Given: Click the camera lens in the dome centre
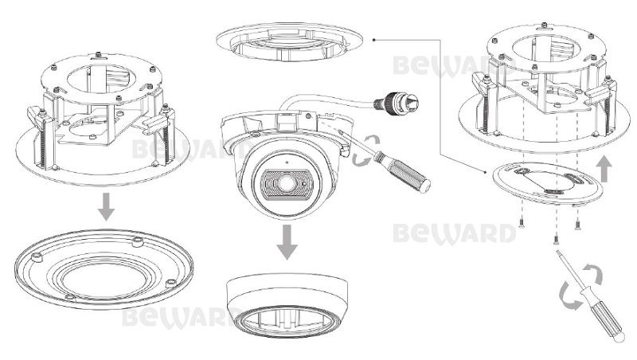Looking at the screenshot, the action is (287, 184).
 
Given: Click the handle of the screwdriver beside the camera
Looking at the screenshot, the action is (403, 171).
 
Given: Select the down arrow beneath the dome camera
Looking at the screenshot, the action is (287, 242).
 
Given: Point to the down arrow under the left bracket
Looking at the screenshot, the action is (107, 207).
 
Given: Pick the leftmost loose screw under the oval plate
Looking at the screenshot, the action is (522, 223).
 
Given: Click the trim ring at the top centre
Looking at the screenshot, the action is (289, 42).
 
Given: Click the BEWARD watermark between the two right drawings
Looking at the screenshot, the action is (454, 233).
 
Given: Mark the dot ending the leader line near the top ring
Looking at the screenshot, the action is (373, 40).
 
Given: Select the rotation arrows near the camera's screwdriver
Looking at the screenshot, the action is (365, 151).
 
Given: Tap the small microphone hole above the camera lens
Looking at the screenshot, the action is (287, 162).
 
